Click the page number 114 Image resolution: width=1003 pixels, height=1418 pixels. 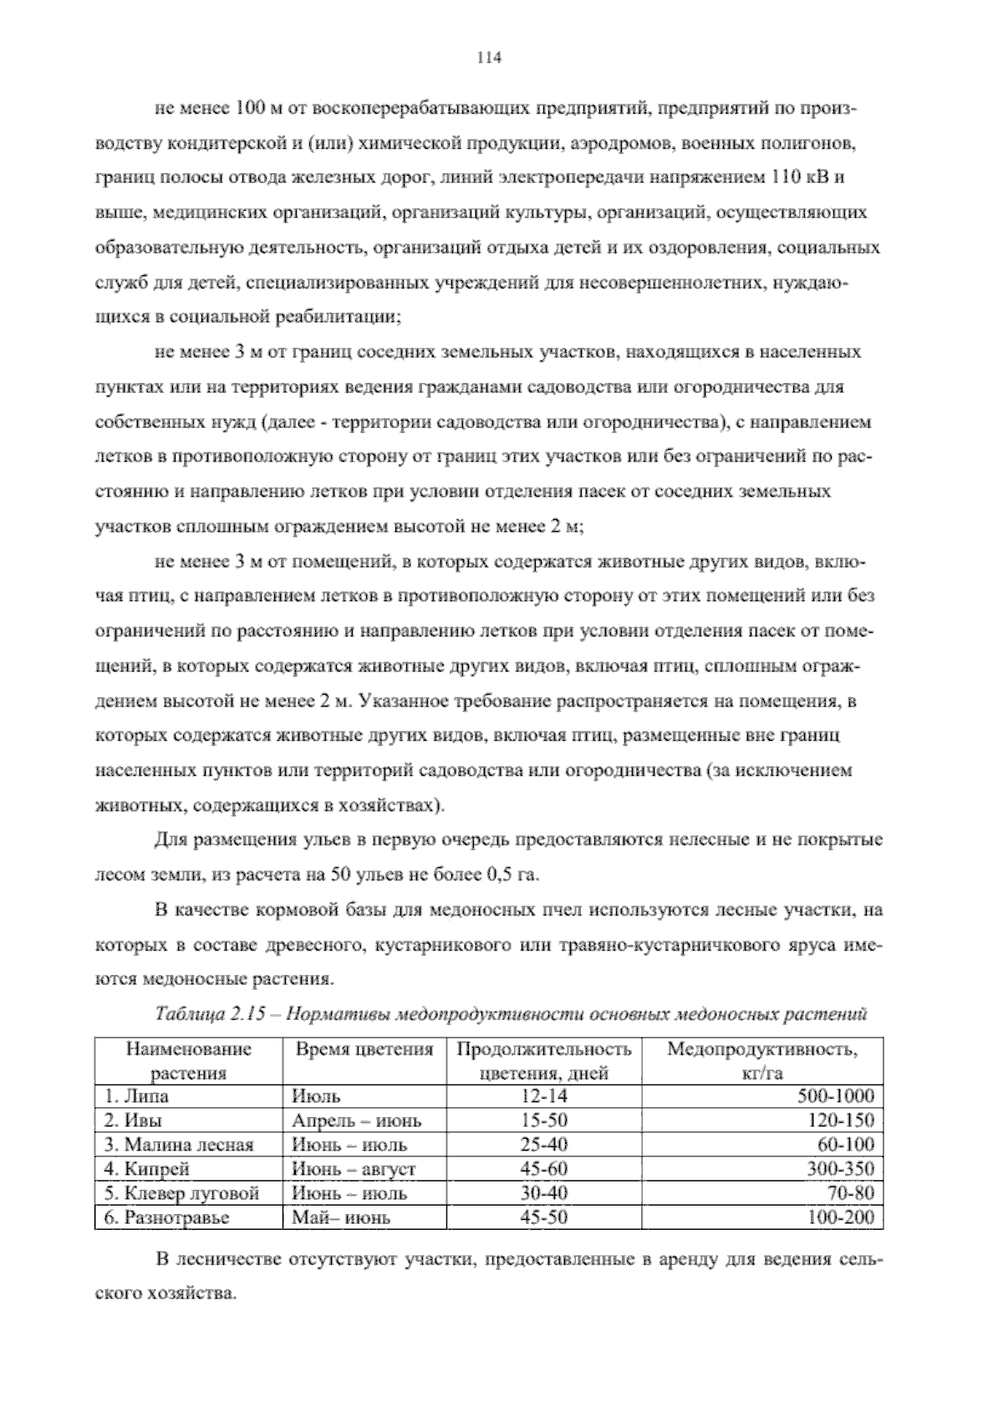coord(488,58)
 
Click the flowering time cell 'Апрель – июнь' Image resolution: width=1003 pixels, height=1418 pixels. coord(357,1120)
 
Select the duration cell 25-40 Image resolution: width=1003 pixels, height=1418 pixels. coord(543,1145)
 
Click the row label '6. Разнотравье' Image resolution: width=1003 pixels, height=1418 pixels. coord(166,1217)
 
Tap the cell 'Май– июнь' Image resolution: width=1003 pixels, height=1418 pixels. coord(340,1217)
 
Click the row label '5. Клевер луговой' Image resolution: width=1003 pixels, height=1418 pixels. coord(181,1193)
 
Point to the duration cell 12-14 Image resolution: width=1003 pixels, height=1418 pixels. coord(543,1096)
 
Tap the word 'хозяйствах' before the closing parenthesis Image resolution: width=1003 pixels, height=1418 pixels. coord(394,806)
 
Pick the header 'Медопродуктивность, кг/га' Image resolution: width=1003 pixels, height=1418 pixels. coord(761,1060)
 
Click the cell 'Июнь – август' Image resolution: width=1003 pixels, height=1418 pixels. coord(354,1169)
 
